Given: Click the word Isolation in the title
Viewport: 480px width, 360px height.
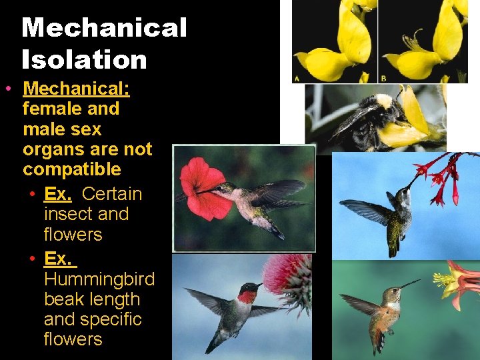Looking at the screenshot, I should click(x=84, y=60).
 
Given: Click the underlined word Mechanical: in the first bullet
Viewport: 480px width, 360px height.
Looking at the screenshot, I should click(x=76, y=89).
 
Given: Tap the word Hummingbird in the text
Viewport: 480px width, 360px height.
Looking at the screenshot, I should click(x=99, y=279).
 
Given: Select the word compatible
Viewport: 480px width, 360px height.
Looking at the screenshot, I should click(x=72, y=169).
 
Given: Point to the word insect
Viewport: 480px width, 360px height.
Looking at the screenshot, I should click(x=66, y=214).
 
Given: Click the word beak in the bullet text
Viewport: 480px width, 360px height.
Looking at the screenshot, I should click(x=63, y=299).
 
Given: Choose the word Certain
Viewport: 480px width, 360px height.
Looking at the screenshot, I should click(x=112, y=194).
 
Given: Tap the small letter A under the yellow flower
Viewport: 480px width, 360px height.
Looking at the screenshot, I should click(x=297, y=78).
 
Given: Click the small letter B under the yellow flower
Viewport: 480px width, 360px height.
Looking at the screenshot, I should click(x=383, y=78).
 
